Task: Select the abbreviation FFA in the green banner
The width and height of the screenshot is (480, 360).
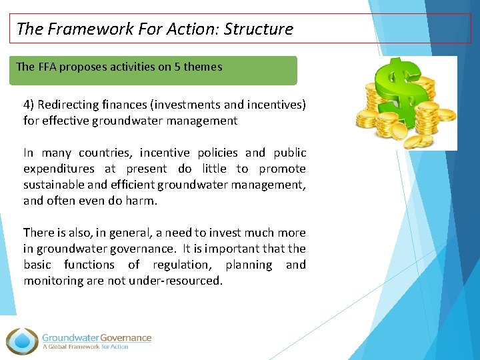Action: pyautogui.click(x=47, y=67)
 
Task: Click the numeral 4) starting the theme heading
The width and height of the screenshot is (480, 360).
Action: pyautogui.click(x=29, y=105)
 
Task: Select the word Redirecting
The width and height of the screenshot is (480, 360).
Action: pyautogui.click(x=69, y=105)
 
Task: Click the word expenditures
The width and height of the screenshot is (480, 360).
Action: pyautogui.click(x=58, y=169)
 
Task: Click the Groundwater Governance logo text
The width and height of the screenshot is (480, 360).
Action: pyautogui.click(x=97, y=338)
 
